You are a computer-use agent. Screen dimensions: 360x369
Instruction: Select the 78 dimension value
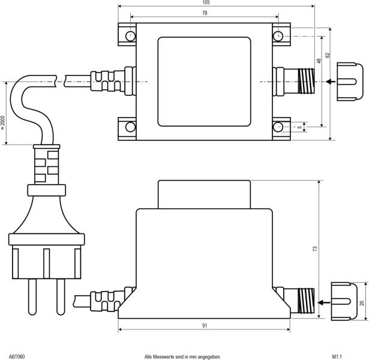205,13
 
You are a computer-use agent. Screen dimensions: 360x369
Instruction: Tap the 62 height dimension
328,55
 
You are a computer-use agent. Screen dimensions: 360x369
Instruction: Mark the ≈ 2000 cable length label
3,123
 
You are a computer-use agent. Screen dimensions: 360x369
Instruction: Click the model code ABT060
17,356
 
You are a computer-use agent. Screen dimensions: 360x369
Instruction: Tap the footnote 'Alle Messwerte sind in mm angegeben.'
178,356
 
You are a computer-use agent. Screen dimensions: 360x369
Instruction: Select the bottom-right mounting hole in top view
279,127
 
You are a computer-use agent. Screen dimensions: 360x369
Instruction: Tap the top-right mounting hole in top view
279,36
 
